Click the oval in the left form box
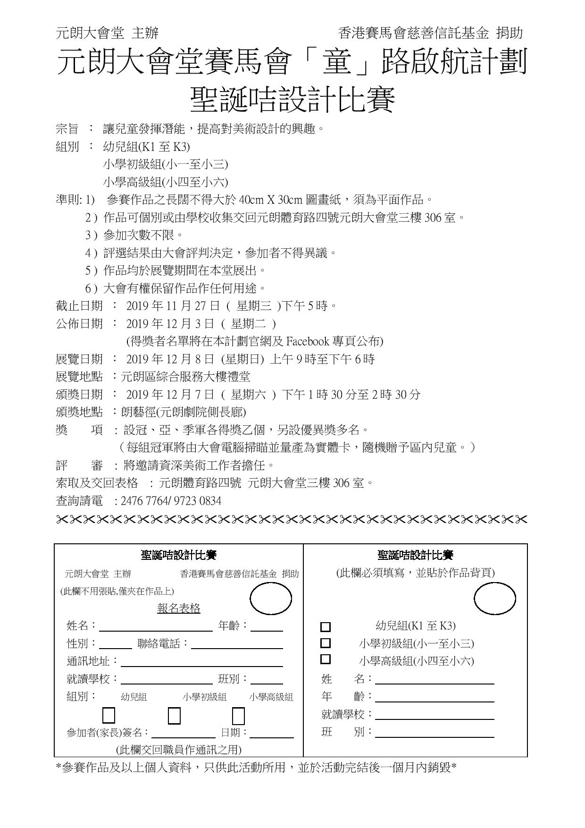pyautogui.click(x=270, y=599)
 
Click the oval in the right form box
pyautogui.click(x=494, y=599)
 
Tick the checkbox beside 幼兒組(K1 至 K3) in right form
pyautogui.click(x=326, y=627)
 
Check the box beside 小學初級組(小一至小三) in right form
pyautogui.click(x=326, y=643)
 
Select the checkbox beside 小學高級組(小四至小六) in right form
pyautogui.click(x=326, y=659)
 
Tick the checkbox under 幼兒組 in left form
pyautogui.click(x=109, y=716)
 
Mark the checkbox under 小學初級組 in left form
pyautogui.click(x=174, y=716)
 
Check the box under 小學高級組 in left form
pyautogui.click(x=239, y=716)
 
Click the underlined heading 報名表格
pyautogui.click(x=179, y=608)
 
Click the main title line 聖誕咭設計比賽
pyautogui.click(x=292, y=100)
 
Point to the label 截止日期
pyautogui.click(x=79, y=306)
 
